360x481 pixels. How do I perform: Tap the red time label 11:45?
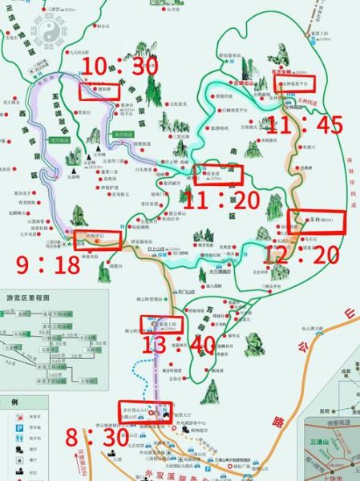point(305,124)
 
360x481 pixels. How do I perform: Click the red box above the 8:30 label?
point(144,409)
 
